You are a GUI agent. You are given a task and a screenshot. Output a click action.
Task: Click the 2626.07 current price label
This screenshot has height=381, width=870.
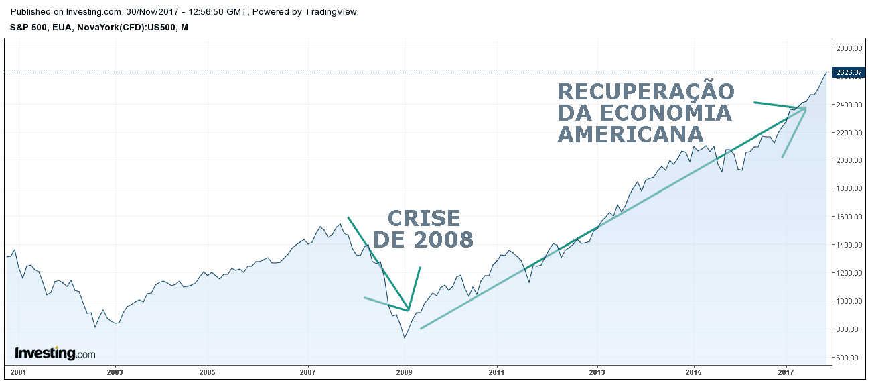coord(847,72)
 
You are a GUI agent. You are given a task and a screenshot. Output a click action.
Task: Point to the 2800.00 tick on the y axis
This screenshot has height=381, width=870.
coord(847,48)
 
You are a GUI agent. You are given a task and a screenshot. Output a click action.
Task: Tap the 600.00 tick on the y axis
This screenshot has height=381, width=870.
coord(847,358)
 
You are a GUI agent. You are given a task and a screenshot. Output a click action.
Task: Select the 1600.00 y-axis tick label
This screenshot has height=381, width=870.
coord(847,217)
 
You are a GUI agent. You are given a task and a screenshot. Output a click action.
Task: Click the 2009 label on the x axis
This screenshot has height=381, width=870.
coord(405,372)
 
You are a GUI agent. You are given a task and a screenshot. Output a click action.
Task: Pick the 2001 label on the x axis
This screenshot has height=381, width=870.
coord(17,372)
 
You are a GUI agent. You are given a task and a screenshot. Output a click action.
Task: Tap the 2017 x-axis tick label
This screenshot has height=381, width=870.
coord(785,372)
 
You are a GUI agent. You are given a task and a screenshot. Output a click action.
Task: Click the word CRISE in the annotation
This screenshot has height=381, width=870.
coord(424,219)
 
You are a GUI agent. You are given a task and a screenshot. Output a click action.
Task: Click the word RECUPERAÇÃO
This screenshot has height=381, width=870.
coord(646,91)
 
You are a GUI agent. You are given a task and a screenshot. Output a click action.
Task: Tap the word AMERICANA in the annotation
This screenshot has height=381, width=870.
coord(630,133)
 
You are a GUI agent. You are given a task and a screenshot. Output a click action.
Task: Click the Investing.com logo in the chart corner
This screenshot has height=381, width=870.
coord(55,353)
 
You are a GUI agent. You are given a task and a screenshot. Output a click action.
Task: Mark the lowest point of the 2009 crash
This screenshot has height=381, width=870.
coord(405,337)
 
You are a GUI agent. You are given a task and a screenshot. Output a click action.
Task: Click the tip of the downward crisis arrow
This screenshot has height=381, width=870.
coord(408,310)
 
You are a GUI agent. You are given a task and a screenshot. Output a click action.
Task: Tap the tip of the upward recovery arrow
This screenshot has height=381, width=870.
coord(806,108)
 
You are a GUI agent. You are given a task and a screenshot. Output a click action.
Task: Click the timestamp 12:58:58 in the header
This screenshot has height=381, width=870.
coord(204,12)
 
